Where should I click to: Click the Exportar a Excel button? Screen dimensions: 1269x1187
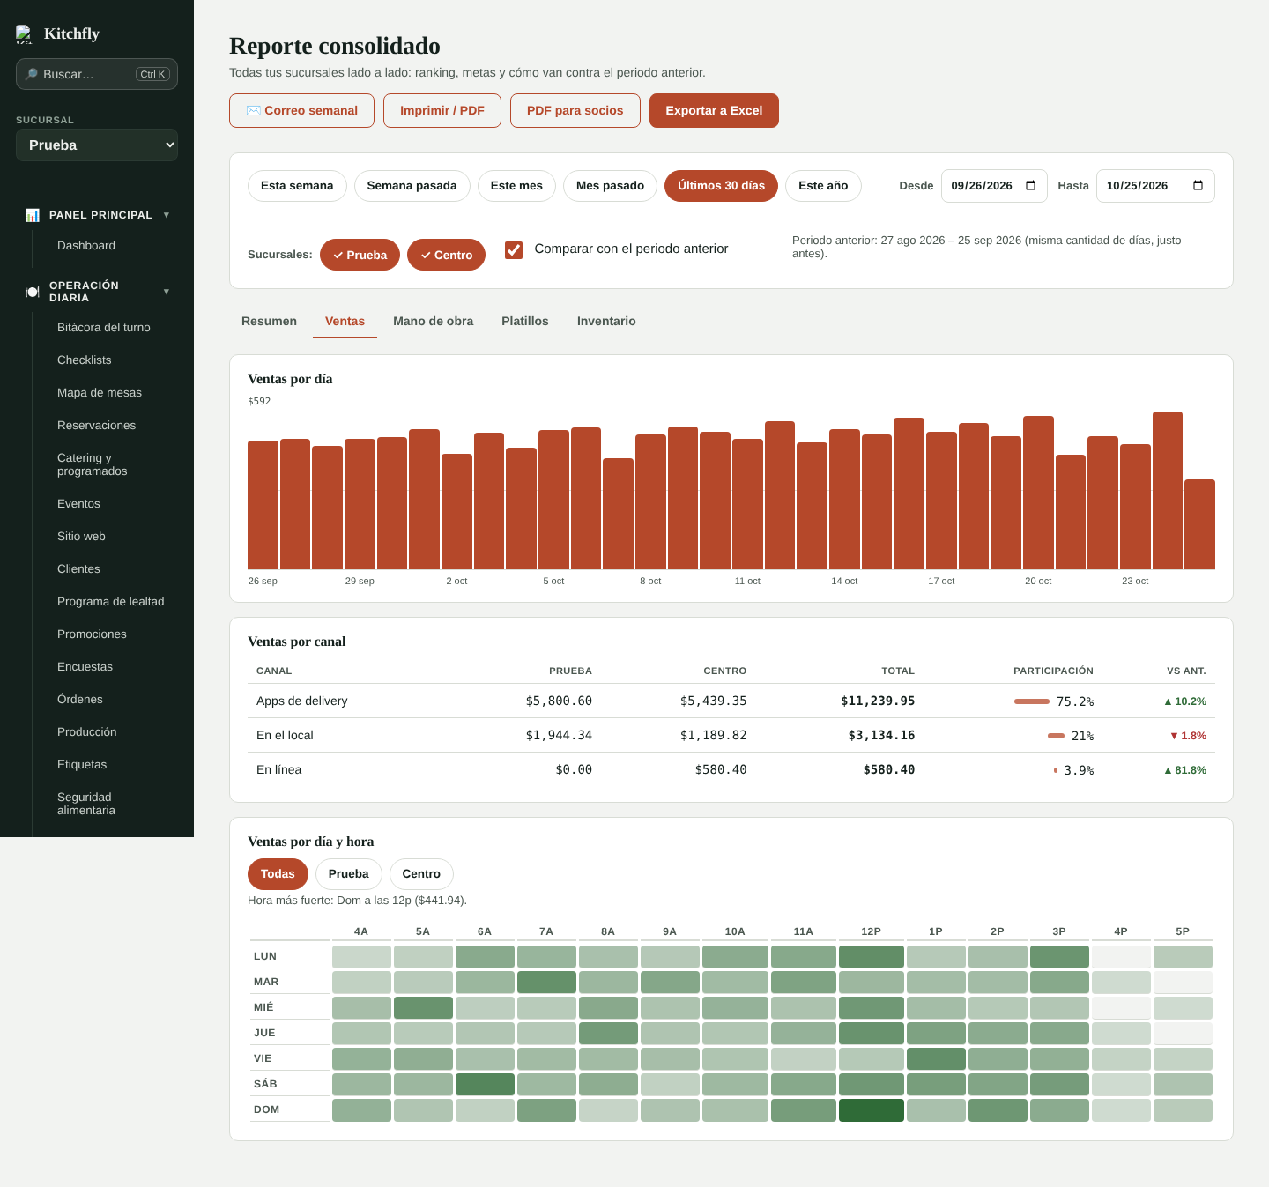tap(714, 110)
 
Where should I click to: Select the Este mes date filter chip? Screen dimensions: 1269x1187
tap(516, 185)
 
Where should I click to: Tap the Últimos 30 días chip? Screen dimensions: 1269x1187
tap(721, 185)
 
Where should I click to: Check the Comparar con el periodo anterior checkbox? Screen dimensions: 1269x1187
tap(514, 249)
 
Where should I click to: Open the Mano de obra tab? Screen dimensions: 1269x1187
tap(434, 321)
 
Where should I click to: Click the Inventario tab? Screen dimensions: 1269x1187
tap(605, 321)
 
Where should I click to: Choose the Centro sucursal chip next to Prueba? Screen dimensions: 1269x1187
tap(446, 255)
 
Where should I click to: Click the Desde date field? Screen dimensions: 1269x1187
tap(993, 185)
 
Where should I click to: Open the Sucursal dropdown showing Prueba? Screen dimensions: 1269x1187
tap(97, 145)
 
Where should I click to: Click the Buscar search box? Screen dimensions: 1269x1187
tap(97, 74)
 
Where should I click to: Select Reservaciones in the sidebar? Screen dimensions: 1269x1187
tap(96, 425)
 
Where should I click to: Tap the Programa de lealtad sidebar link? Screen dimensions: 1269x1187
tap(110, 602)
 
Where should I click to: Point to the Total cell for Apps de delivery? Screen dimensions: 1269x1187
tap(878, 701)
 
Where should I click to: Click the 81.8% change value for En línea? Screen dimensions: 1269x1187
tap(1185, 770)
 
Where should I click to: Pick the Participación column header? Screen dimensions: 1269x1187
tap(1053, 671)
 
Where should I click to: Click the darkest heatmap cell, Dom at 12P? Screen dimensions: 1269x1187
tap(871, 1110)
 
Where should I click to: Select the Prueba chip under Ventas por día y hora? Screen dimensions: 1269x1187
tap(348, 874)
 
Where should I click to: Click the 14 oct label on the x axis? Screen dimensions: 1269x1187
tap(844, 581)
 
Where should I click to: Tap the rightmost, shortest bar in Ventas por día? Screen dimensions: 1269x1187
tap(1199, 524)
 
